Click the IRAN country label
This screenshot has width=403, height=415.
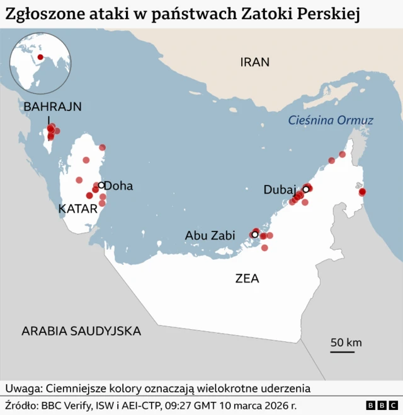click(254, 62)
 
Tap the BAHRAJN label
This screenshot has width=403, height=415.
click(53, 107)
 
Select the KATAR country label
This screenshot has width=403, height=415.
click(78, 209)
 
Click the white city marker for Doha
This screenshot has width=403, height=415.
click(101, 185)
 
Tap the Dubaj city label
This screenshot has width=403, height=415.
click(280, 189)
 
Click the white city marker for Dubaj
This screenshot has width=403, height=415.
click(306, 189)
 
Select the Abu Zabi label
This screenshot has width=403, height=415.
click(210, 235)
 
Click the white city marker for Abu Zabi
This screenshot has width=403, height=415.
click(254, 235)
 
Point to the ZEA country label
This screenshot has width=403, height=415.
click(247, 278)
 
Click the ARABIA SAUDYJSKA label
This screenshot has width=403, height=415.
click(81, 331)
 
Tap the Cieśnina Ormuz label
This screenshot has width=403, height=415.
click(331, 120)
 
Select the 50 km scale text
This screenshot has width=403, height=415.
click(346, 342)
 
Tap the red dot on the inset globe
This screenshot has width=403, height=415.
click(40, 58)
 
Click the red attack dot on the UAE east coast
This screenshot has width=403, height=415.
click(362, 192)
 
